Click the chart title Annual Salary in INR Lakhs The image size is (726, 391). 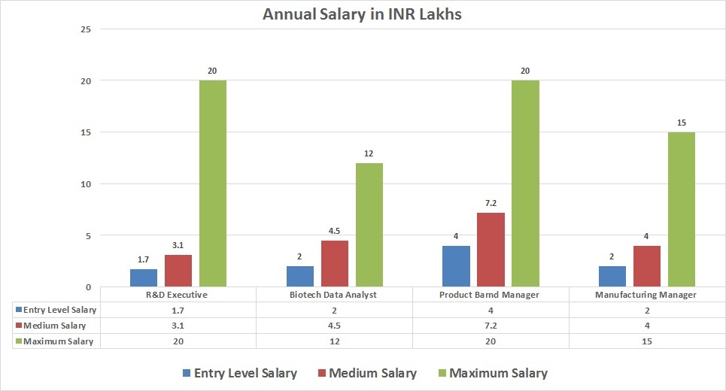pos(363,14)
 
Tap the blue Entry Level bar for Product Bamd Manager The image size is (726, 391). pos(456,266)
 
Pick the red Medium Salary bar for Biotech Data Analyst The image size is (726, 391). pos(334,263)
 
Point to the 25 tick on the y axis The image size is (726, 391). pos(85,29)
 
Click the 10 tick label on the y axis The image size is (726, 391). pos(85,184)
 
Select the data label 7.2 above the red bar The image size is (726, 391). pos(491,203)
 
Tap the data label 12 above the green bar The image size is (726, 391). pos(369,154)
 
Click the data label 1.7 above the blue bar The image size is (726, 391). pos(143,259)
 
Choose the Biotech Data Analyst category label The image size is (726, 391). pos(334,295)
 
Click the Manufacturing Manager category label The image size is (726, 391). pos(647,295)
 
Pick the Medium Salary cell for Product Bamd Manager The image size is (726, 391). pos(491,326)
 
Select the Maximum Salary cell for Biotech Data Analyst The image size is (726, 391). pos(334,341)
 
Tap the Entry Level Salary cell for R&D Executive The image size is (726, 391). pos(178,310)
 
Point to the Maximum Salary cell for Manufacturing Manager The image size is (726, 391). pos(647,341)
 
